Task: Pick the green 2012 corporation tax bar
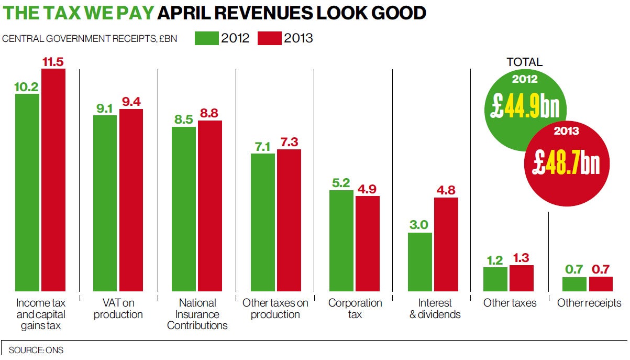[x=341, y=241]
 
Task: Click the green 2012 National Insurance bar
[x=184, y=209]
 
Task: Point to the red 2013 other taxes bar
[x=522, y=278]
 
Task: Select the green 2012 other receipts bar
[x=574, y=284]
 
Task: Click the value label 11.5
[x=53, y=62]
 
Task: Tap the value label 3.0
[x=419, y=225]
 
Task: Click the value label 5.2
[x=341, y=183]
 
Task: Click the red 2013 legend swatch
[x=269, y=38]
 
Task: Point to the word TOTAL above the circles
[x=525, y=62]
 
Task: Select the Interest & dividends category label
[x=435, y=309]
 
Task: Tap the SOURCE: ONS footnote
[x=36, y=350]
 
